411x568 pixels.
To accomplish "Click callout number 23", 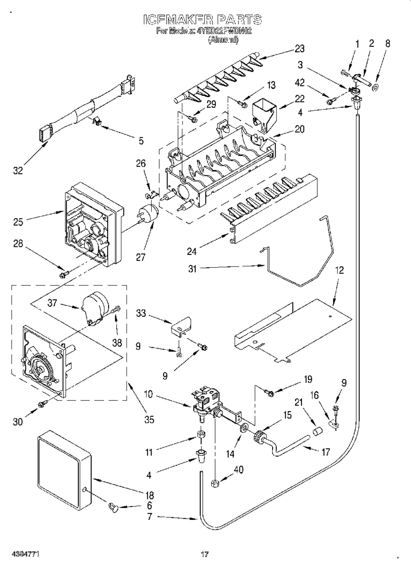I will tap(299, 49).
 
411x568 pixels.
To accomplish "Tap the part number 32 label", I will tap(18, 170).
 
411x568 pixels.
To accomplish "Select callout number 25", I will tap(18, 222).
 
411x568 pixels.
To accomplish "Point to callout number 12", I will tap(339, 271).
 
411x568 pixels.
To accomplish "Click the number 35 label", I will tap(149, 419).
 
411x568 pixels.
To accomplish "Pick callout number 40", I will tap(239, 470).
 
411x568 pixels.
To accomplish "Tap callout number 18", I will tap(149, 496).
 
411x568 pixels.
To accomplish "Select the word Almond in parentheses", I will tap(223, 40).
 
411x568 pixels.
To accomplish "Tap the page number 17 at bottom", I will tap(204, 554).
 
